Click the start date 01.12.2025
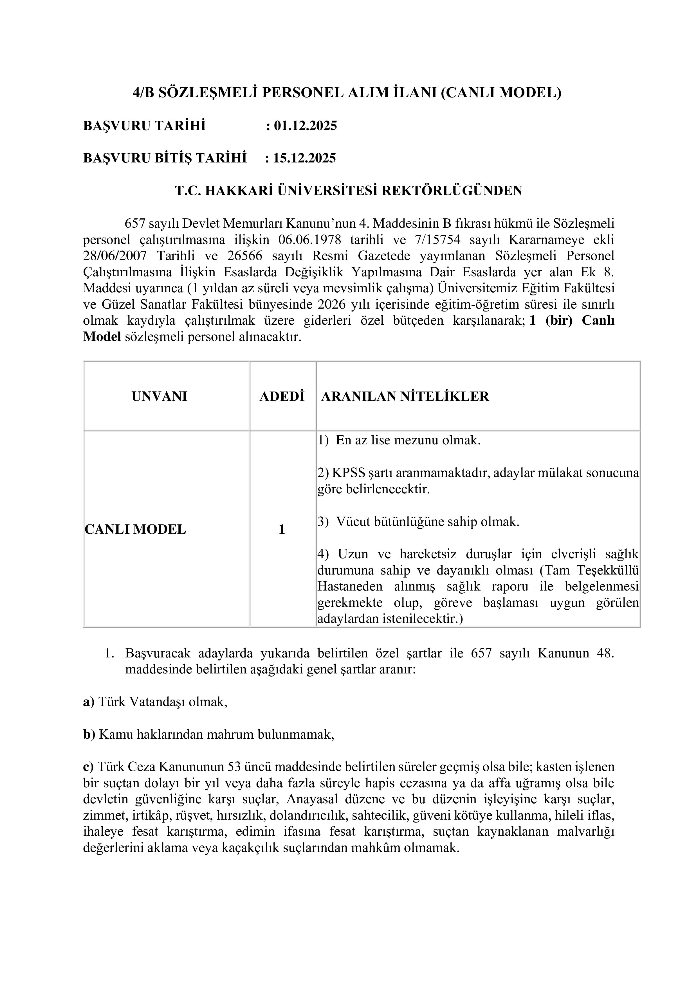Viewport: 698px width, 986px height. (305, 126)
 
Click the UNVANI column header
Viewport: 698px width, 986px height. (160, 396)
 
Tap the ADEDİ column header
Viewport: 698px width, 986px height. (282, 396)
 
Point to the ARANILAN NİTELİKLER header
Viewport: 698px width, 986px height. (405, 396)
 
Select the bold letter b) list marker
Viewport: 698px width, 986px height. (89, 735)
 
